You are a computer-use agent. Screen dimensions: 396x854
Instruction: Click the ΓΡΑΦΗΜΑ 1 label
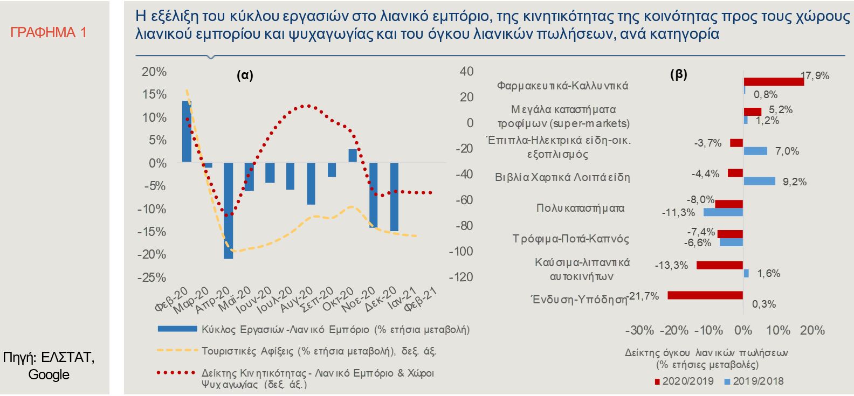click(49, 33)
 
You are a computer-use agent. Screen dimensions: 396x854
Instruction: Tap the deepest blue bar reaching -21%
click(228, 210)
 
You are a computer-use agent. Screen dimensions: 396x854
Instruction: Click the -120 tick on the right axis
click(462, 277)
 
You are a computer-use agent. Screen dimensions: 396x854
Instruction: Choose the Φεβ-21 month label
click(421, 299)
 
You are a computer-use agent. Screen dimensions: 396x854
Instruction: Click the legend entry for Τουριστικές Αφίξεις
click(319, 351)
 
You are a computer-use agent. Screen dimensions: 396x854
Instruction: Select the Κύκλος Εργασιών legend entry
click(335, 329)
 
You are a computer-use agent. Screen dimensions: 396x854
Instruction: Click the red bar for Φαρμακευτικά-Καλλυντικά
click(774, 81)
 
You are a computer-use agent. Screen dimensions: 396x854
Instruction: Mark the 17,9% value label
click(815, 76)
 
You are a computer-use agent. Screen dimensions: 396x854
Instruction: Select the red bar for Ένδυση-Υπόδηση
click(705, 295)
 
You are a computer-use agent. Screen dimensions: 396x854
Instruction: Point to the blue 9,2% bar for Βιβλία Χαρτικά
click(759, 181)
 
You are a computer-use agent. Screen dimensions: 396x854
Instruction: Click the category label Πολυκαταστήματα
click(580, 208)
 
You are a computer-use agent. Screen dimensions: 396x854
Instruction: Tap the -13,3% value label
click(671, 265)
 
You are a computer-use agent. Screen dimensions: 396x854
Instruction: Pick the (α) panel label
click(245, 75)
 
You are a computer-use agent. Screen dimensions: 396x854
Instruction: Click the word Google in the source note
click(49, 374)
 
